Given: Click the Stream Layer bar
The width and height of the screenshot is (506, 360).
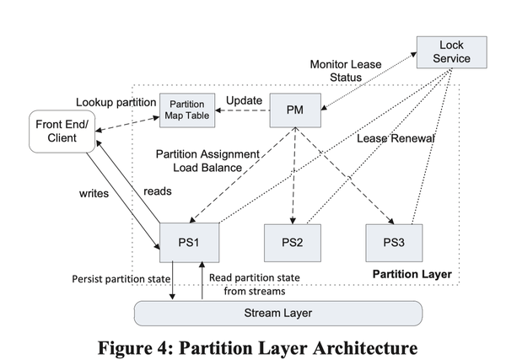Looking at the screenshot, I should click(278, 312).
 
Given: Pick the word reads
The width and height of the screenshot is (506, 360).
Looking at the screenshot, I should click(158, 191).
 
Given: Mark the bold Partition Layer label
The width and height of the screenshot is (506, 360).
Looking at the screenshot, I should click(412, 275).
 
